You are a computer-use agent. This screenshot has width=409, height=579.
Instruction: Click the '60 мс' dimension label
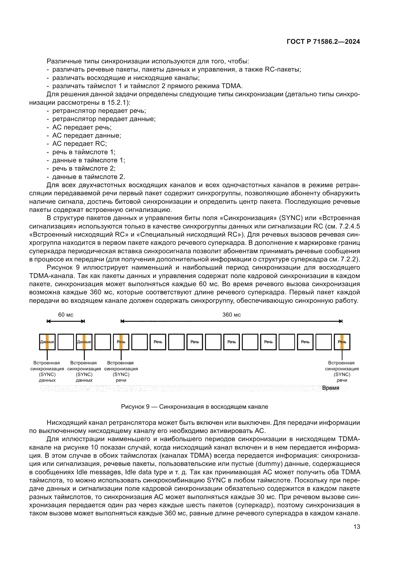[x=66, y=315]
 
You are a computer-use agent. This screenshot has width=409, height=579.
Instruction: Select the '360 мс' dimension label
[x=231, y=315]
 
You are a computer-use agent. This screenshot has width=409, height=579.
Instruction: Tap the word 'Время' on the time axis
[x=331, y=388]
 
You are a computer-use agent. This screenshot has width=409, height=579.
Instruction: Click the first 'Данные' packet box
[x=47, y=342]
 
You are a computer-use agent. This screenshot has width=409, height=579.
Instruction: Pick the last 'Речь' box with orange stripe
[x=342, y=342]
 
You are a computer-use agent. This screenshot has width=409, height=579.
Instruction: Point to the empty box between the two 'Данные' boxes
[x=66, y=342]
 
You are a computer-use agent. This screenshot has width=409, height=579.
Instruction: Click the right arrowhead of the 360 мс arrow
[x=341, y=321]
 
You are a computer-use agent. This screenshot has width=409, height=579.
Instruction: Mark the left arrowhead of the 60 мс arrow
[x=49, y=321]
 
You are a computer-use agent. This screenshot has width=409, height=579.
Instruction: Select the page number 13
[x=357, y=527]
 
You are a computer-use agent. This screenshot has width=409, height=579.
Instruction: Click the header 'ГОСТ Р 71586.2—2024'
[x=323, y=42]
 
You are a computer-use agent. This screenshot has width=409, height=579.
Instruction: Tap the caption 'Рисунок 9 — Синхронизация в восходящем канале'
[x=194, y=407]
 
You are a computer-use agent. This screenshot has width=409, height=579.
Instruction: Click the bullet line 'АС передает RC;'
[x=79, y=144]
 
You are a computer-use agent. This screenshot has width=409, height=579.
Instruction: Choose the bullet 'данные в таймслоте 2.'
[x=88, y=177]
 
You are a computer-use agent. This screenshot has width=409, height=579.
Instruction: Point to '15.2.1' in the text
[x=118, y=103]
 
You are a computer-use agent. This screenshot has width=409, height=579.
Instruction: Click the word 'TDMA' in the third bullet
[x=231, y=86]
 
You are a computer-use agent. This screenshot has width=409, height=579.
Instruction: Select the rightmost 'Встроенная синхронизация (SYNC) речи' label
[x=342, y=372]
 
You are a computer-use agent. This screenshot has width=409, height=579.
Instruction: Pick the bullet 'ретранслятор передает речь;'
[x=99, y=111]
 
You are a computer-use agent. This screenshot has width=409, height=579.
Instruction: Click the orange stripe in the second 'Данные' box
[x=84, y=342]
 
